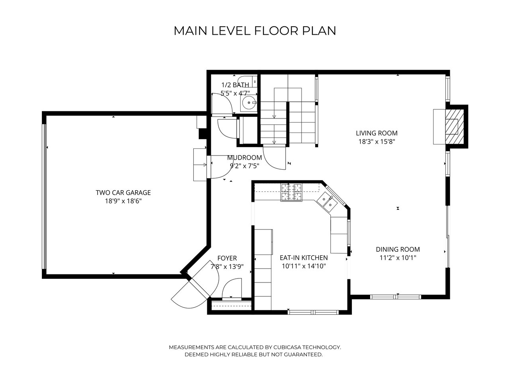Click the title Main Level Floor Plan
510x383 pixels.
(255, 31)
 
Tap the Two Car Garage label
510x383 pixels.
(123, 193)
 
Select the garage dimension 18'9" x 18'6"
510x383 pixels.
(123, 201)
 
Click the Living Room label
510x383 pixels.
(377, 133)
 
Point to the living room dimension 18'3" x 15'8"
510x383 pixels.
(377, 142)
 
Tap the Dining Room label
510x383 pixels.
(398, 249)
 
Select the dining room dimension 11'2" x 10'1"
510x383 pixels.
(398, 258)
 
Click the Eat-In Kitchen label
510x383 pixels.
(304, 258)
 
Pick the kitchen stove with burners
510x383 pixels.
(291, 192)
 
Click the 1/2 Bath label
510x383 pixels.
(235, 85)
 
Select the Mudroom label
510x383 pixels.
(244, 158)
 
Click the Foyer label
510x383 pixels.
(227, 258)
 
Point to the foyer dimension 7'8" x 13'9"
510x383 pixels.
(227, 267)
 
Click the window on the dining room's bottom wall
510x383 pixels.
(396, 296)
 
